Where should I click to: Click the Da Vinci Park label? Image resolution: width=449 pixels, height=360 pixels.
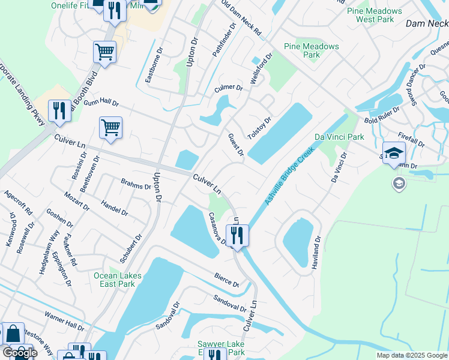pos(338,137)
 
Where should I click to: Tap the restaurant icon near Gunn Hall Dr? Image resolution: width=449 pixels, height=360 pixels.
pos(59,111)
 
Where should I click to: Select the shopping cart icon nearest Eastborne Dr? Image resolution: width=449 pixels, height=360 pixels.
pos(105,53)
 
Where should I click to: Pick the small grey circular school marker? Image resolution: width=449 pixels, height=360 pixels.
pos(399,182)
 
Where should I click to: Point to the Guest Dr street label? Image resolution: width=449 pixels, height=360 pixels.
pos(235,145)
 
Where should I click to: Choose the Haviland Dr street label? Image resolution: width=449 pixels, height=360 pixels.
pos(316,251)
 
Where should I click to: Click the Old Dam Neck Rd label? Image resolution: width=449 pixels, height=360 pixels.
pos(241,17)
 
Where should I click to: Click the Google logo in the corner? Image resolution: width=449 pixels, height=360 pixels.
pos(19,352)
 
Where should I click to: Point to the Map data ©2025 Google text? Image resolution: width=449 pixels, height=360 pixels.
pos(412,355)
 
